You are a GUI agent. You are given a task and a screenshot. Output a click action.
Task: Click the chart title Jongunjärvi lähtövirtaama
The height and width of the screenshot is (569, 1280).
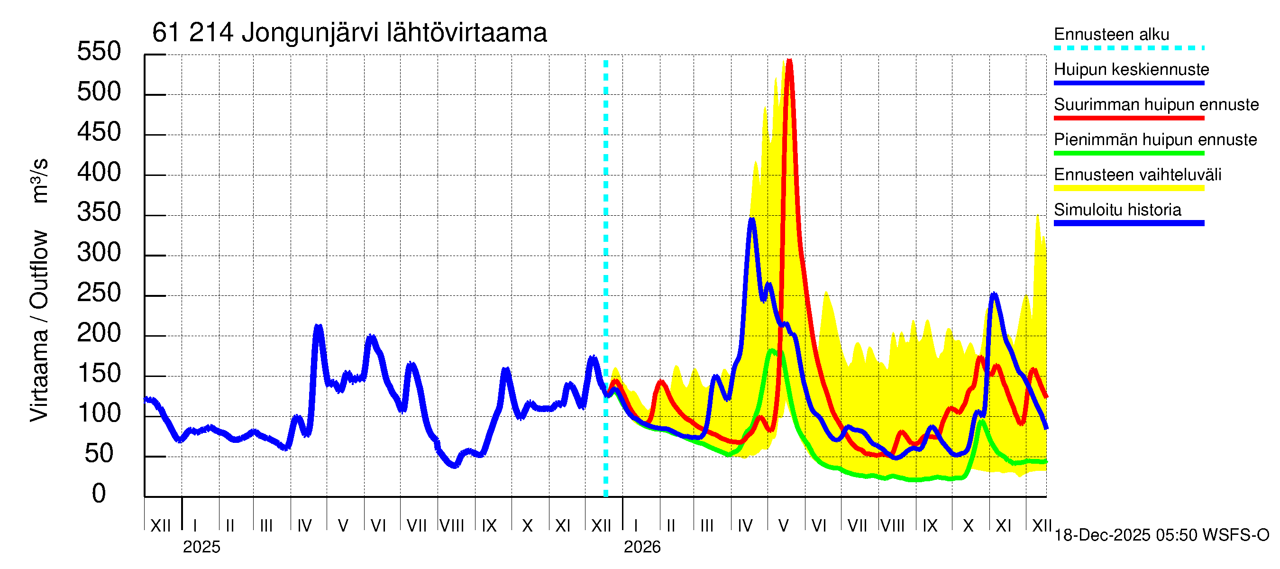pos(349,33)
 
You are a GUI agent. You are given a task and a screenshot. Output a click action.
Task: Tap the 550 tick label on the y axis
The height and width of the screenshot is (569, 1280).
pos(99,52)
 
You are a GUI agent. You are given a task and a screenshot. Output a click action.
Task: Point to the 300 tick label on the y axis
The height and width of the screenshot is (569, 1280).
pos(99,253)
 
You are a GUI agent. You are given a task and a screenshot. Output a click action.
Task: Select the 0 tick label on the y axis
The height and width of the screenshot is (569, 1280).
pos(99,494)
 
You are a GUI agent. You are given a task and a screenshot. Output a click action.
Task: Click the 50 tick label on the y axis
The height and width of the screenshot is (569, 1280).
pos(99,454)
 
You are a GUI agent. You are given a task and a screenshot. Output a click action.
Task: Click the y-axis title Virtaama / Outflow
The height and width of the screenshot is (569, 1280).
pos(39,325)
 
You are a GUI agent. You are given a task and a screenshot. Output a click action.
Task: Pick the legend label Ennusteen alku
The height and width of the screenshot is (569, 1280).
pos(1111,34)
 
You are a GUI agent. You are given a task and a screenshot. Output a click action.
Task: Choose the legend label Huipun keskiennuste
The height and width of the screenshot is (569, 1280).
pos(1131,69)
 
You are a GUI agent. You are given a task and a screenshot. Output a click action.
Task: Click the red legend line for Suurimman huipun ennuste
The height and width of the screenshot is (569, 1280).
pos(1128,118)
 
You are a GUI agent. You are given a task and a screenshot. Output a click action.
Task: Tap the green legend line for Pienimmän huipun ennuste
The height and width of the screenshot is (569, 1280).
pos(1128,153)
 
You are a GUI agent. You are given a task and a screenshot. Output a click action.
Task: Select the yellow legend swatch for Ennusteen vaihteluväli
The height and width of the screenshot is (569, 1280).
pos(1128,188)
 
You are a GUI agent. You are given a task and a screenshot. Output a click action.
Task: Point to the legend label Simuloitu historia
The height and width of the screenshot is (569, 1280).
pos(1117,210)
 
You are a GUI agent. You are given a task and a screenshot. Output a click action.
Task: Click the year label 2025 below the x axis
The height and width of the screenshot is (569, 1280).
pos(201,547)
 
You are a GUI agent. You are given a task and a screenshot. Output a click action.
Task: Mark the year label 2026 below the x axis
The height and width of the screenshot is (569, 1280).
pos(642,547)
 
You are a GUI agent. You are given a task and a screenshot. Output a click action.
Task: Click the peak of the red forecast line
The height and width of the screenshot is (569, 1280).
pos(789,61)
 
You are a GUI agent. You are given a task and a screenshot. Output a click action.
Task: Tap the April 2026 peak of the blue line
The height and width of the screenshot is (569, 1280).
pos(752,219)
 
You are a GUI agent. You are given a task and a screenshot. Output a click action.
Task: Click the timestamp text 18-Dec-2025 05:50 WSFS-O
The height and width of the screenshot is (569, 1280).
pos(1161,535)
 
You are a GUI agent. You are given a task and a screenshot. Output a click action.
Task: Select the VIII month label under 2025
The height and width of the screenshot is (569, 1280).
pos(452,526)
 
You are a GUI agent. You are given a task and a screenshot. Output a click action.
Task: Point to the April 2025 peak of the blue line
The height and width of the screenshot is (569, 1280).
pos(319,327)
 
